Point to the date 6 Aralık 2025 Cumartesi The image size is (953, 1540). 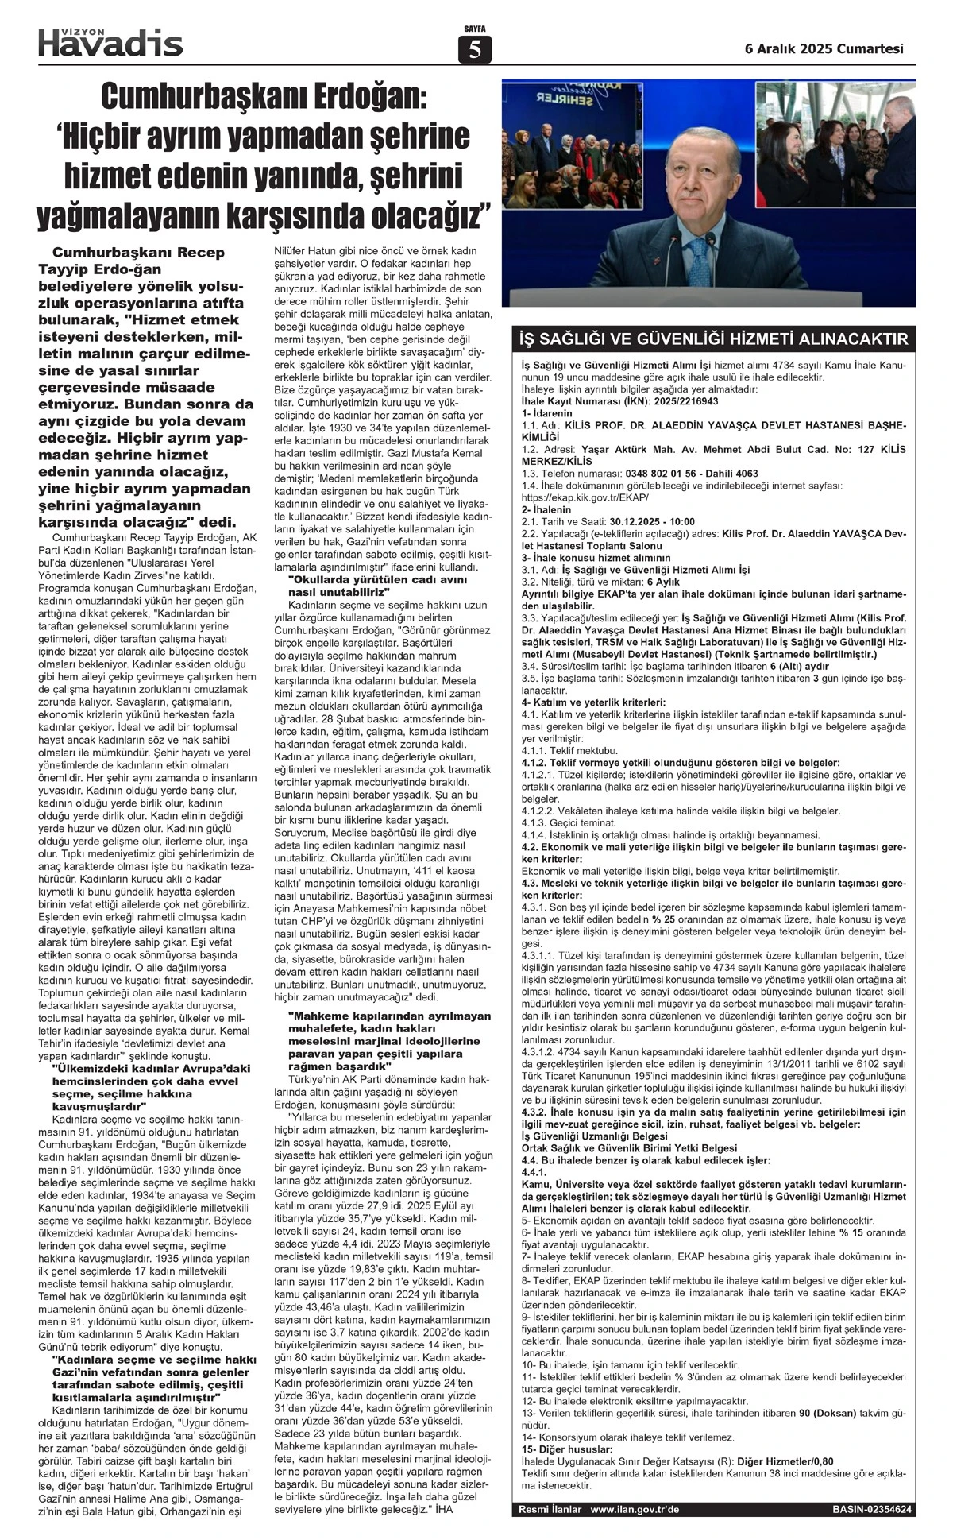[x=824, y=48]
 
